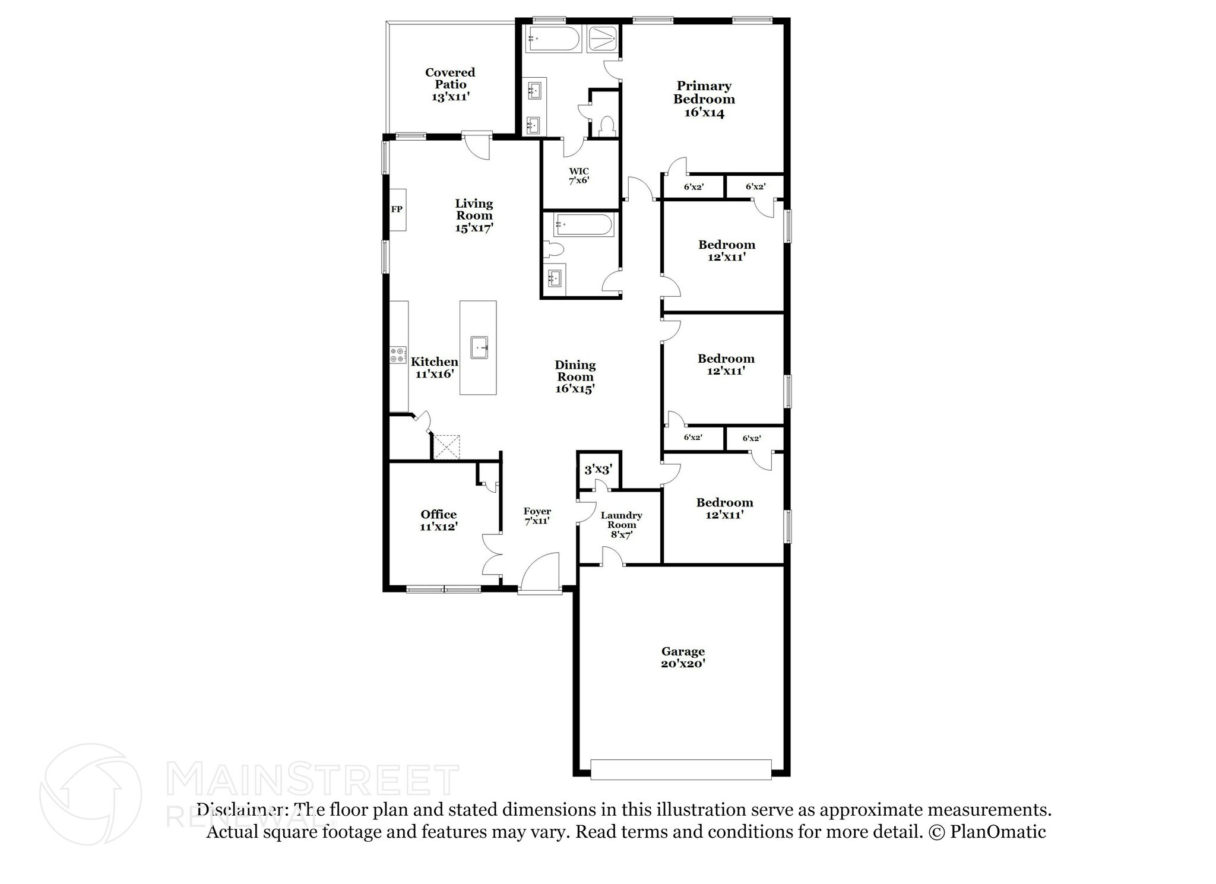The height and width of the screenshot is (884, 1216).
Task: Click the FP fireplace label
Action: (x=397, y=209)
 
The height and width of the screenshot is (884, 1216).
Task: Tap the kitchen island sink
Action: (x=479, y=347)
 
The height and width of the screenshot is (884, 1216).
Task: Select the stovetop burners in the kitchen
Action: (x=398, y=355)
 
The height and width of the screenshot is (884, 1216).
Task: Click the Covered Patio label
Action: (x=450, y=78)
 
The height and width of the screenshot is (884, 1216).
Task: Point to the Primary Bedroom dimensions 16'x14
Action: (x=704, y=113)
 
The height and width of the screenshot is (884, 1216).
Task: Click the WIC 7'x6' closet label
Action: (x=579, y=176)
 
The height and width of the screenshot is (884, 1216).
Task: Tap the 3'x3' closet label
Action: (x=598, y=470)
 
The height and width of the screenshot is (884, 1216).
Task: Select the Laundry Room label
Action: (x=621, y=520)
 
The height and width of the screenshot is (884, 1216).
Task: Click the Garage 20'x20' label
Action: (x=683, y=658)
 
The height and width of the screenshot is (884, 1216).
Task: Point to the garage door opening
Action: (x=681, y=769)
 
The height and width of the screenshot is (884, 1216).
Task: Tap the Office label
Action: (x=439, y=515)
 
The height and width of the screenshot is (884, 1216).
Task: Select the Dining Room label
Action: (x=575, y=370)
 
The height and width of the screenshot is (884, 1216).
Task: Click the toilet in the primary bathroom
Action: (x=607, y=126)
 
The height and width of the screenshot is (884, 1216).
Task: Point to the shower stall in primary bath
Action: (x=603, y=40)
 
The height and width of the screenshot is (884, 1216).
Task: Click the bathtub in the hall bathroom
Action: (x=582, y=226)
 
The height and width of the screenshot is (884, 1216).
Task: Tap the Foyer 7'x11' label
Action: (x=537, y=516)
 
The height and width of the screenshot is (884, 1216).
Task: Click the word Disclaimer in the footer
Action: (x=243, y=810)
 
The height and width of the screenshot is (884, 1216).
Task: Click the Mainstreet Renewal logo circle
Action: (x=90, y=794)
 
